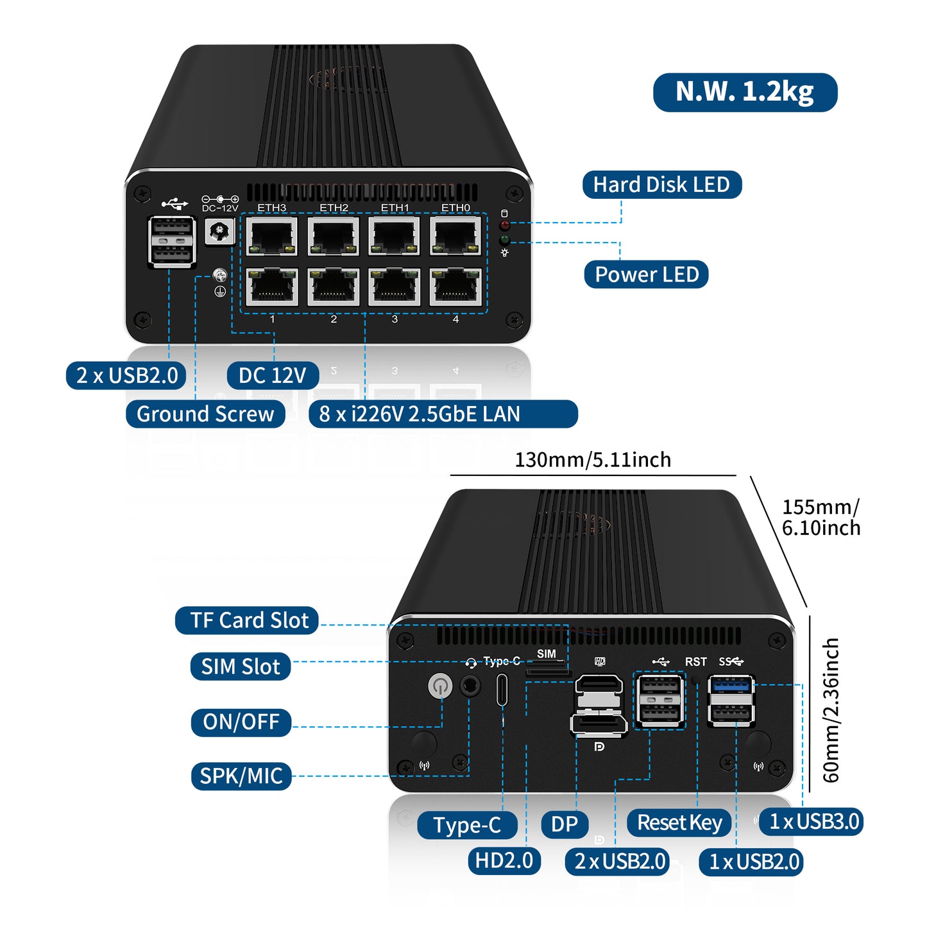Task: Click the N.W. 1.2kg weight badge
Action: pyautogui.click(x=745, y=92)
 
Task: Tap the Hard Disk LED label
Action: pyautogui.click(x=661, y=185)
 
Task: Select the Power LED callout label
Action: pyautogui.click(x=646, y=275)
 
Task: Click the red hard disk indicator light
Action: pyautogui.click(x=505, y=225)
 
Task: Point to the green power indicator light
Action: pyautogui.click(x=505, y=241)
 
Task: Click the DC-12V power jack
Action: pyautogui.click(x=220, y=232)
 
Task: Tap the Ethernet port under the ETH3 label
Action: pyautogui.click(x=272, y=236)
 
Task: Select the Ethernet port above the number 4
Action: pyautogui.click(x=455, y=287)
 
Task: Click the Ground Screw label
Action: pyautogui.click(x=205, y=414)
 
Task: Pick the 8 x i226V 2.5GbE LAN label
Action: pyautogui.click(x=443, y=414)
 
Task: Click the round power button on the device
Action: pyautogui.click(x=439, y=686)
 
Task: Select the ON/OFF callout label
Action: pyautogui.click(x=241, y=722)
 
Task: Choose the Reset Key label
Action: pyautogui.click(x=679, y=823)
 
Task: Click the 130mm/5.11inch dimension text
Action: pyautogui.click(x=593, y=460)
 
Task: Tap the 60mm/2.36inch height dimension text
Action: pyautogui.click(x=831, y=710)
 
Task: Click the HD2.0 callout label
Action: pyautogui.click(x=504, y=861)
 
